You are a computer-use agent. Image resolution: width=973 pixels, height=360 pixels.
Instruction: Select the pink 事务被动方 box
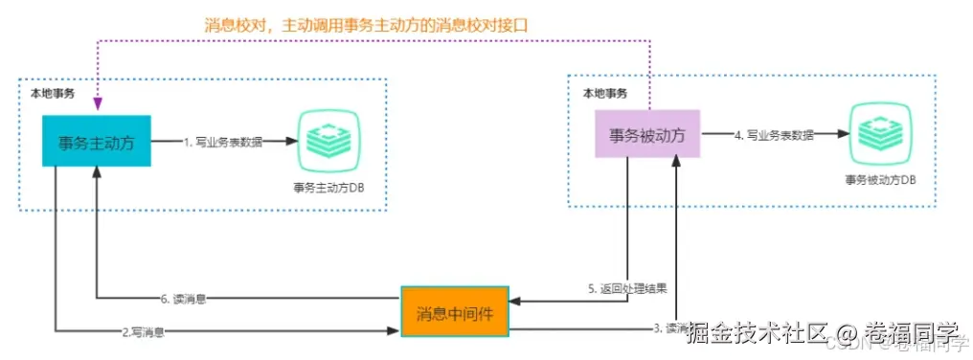pyautogui.click(x=647, y=136)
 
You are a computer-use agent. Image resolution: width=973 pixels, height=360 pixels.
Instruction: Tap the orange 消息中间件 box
pyautogui.click(x=454, y=313)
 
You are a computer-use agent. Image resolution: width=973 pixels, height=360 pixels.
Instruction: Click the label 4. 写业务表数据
pyautogui.click(x=773, y=136)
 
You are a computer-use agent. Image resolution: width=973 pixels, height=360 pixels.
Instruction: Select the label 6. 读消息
pyautogui.click(x=185, y=298)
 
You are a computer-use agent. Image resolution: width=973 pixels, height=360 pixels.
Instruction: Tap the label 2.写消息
pyautogui.click(x=144, y=332)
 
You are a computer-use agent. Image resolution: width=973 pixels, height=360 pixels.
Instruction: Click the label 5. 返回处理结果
pyautogui.click(x=627, y=287)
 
